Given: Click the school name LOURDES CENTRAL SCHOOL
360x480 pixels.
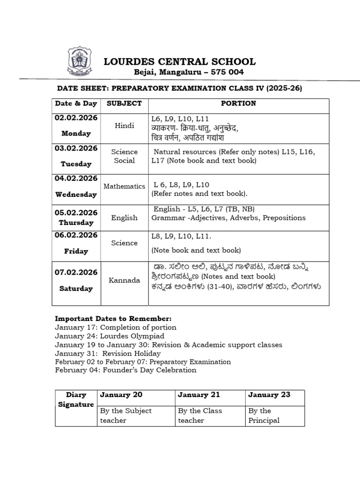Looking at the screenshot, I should pos(180,61).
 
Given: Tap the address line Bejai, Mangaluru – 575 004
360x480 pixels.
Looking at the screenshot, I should pos(189,72).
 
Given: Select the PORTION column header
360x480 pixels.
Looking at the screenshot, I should pos(239,103).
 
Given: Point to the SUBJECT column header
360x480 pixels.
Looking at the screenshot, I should pos(124,103).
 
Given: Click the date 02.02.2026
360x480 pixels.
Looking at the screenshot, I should pos(76,118).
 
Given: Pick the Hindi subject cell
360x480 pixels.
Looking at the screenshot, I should pos(124,126).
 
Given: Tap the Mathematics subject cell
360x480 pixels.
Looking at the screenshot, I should pos(124,186).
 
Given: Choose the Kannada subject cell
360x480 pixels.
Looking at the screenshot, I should pos(124,280).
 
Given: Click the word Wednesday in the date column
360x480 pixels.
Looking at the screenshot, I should pos(76,195).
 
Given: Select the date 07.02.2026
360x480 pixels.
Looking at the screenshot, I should pos(76,272).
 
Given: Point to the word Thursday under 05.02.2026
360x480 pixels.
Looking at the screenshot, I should pos(76,223).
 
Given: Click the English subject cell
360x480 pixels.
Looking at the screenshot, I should pos(124,217).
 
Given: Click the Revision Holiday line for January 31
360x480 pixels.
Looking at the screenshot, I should pos(108,353).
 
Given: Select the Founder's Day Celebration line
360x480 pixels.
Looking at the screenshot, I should pos(126,370).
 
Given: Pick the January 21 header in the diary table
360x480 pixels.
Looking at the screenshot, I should pos(199,395).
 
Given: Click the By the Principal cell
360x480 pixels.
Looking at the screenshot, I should pos(264,415).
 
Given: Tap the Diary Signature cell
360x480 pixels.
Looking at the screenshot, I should pos(76,399).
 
